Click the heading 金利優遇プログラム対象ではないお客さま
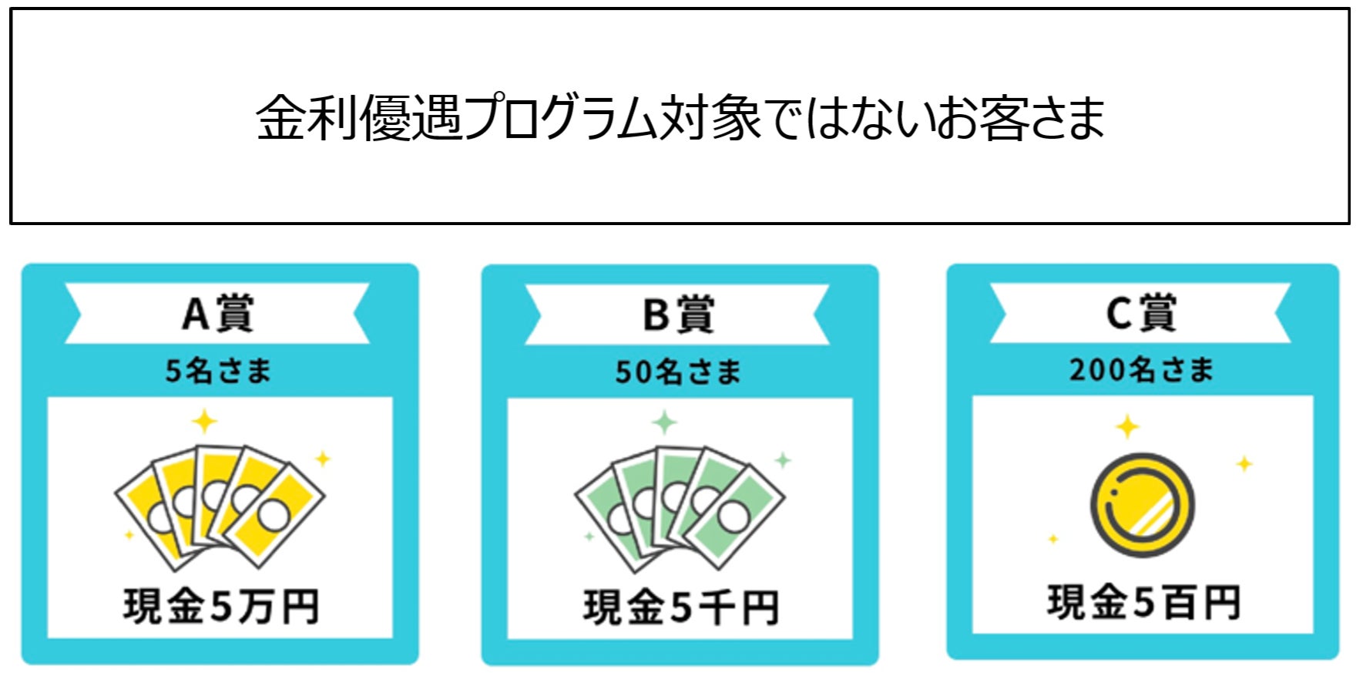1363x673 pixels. [x=680, y=118]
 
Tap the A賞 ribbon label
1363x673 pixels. [x=217, y=314]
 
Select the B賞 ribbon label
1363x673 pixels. [x=677, y=315]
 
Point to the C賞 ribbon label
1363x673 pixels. [x=1140, y=313]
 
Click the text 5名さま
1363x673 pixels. [x=218, y=371]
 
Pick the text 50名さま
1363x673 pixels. [x=677, y=372]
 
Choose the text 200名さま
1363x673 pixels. [x=1140, y=370]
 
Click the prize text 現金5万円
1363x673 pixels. [x=220, y=607]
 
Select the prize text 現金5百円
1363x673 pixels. [x=1143, y=603]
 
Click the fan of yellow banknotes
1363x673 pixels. [x=220, y=505]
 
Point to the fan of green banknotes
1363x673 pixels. [x=680, y=506]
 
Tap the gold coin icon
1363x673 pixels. [x=1143, y=505]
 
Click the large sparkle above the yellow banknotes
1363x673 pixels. [x=204, y=422]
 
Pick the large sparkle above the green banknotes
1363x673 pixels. [x=664, y=422]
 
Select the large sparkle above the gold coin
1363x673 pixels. [x=1127, y=426]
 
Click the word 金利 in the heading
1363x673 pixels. [x=306, y=118]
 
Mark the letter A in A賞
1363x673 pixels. [x=196, y=314]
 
